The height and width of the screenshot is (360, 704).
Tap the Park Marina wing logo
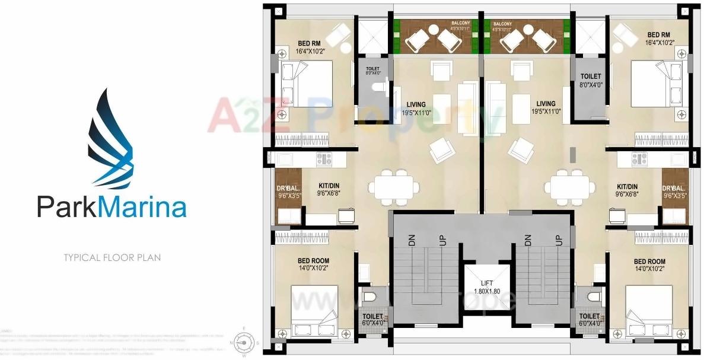(113, 140)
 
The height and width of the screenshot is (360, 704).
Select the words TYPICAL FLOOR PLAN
(112, 258)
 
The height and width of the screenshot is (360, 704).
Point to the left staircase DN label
(411, 240)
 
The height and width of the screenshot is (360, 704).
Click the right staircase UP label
(558, 240)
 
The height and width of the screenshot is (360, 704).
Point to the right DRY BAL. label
(676, 191)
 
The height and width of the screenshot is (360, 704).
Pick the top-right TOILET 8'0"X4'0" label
(590, 80)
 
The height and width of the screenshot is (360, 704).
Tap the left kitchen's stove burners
(323, 158)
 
